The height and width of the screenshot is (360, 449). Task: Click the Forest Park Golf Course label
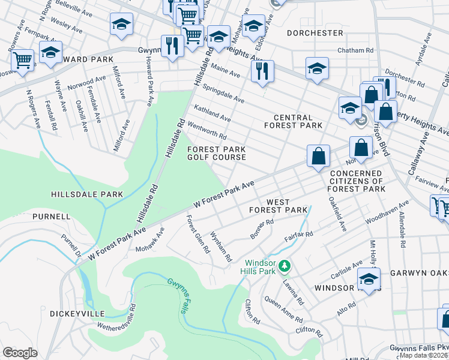(x=217, y=153)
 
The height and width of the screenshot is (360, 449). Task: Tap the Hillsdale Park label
(x=87, y=194)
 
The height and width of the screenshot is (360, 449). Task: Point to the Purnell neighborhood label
(x=52, y=216)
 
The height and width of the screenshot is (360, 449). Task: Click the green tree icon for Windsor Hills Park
(x=286, y=265)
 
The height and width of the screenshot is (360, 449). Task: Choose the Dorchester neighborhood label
(x=315, y=32)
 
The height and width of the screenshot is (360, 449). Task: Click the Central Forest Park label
(x=294, y=121)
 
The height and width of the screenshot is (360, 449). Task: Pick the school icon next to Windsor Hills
(x=369, y=279)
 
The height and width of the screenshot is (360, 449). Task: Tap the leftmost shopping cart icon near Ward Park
(x=22, y=59)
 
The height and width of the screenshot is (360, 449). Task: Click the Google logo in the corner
(x=20, y=353)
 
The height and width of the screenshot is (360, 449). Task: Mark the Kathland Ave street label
(x=212, y=112)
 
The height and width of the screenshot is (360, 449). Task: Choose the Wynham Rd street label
(x=221, y=247)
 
